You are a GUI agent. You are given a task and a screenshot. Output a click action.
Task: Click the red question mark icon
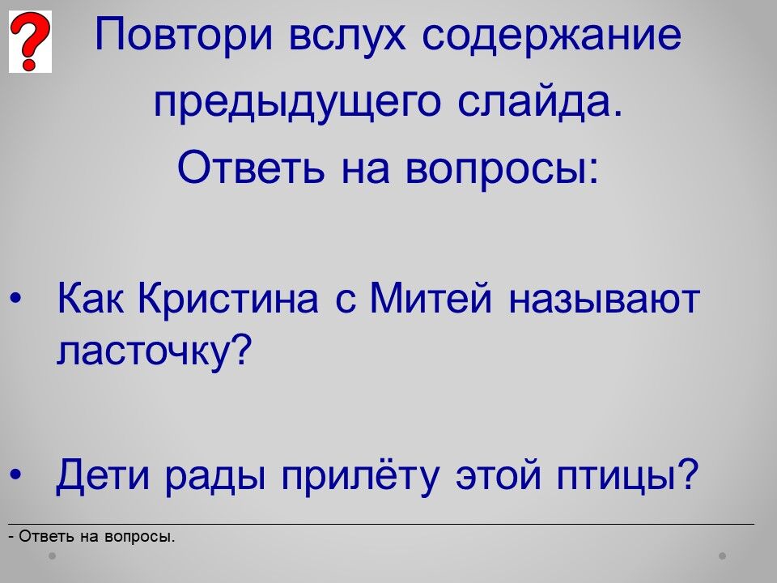coord(30,41)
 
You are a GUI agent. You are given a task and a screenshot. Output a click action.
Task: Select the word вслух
coord(347,35)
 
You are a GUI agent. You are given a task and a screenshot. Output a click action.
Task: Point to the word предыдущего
coord(297,104)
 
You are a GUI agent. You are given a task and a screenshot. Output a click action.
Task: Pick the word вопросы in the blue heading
coord(502,168)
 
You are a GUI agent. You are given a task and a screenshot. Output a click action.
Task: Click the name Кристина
coord(228,299)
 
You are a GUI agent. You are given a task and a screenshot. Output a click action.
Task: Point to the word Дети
coord(102,475)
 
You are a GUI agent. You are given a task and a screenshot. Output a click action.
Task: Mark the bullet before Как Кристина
coord(15,299)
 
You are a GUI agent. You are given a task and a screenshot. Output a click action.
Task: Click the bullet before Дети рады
coord(15,475)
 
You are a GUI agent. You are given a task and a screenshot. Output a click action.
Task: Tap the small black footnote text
coord(91,537)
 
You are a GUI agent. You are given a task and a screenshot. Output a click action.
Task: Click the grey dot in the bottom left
coord(52,555)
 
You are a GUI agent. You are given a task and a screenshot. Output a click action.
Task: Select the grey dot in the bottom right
coord(723,555)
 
